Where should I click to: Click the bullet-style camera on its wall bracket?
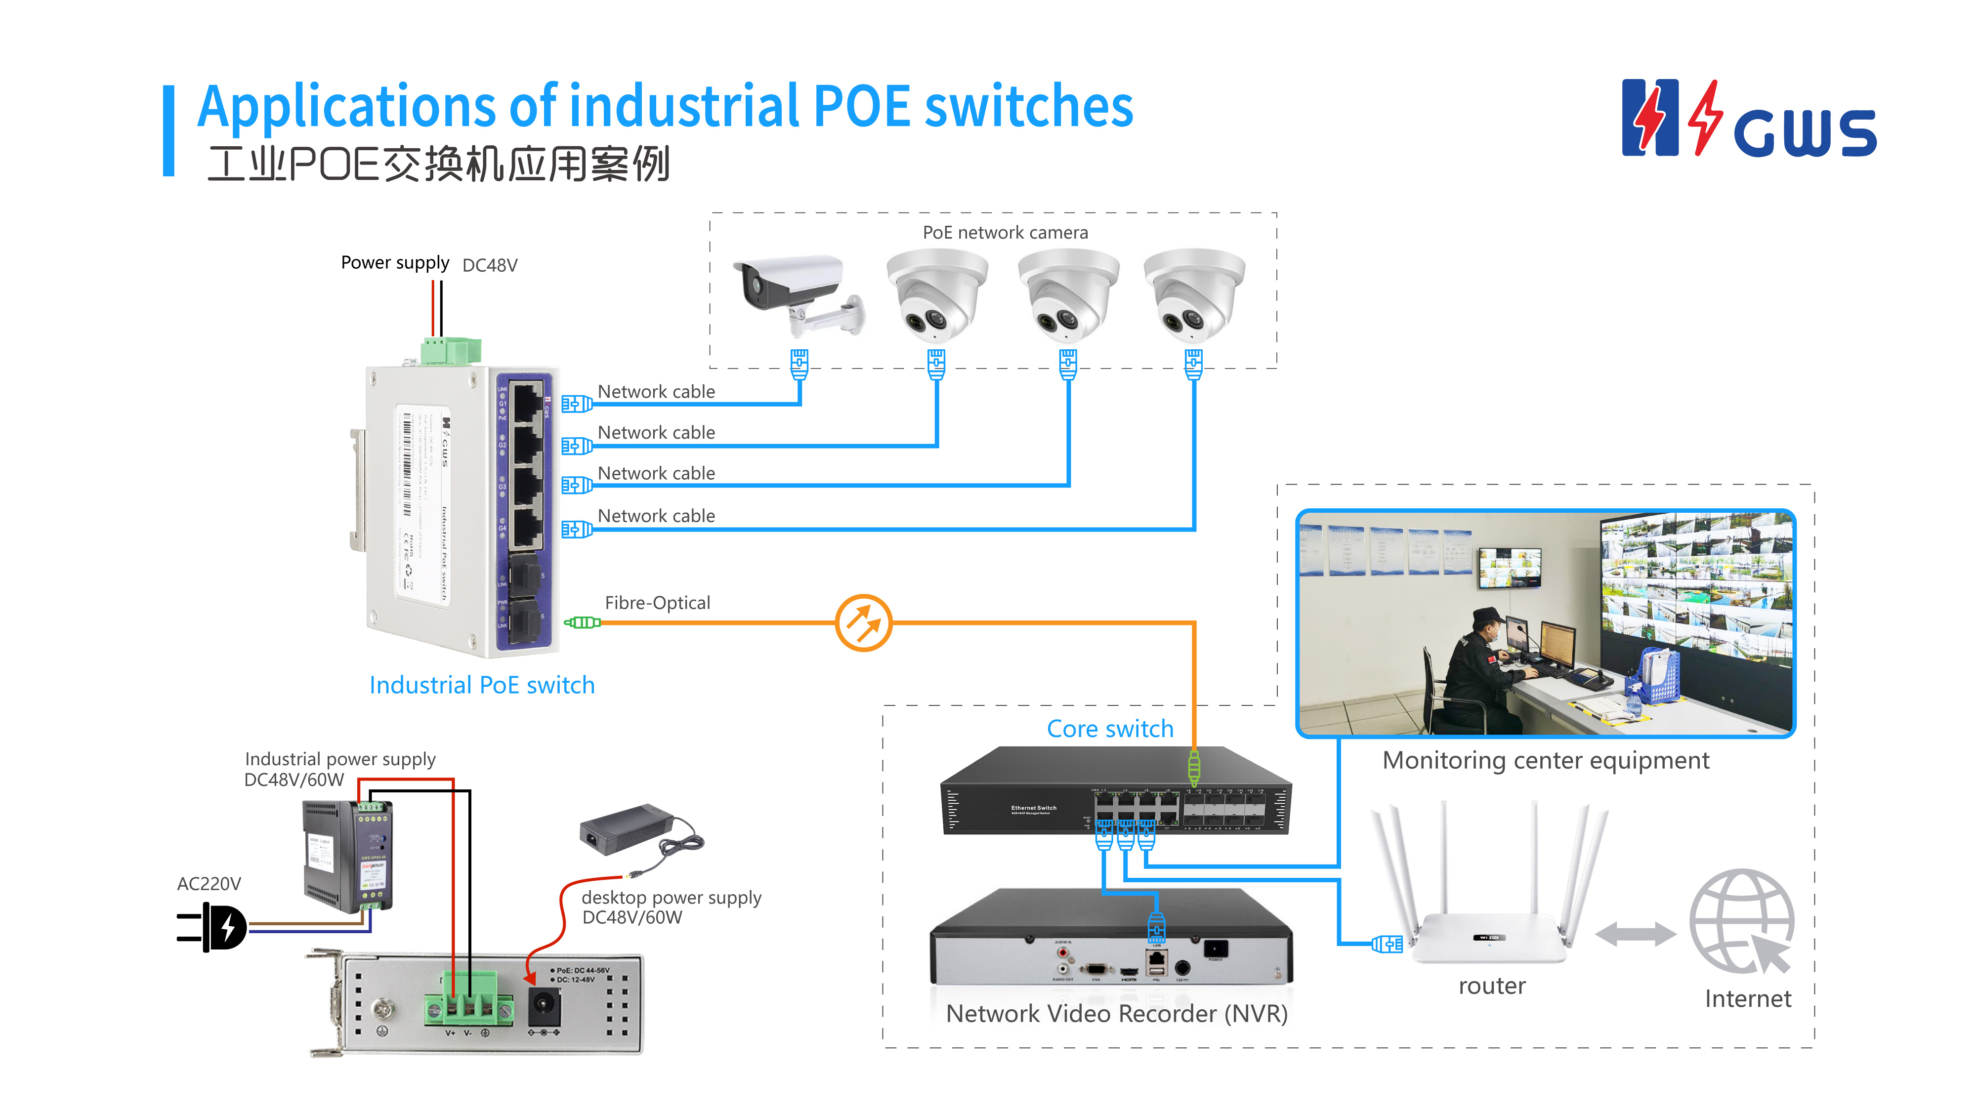pyautogui.click(x=795, y=291)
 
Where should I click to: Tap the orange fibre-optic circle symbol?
pyautogui.click(x=863, y=622)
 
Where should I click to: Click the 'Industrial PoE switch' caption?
pyautogui.click(x=482, y=685)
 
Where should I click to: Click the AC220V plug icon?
pyautogui.click(x=213, y=927)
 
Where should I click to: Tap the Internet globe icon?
pyautogui.click(x=1742, y=921)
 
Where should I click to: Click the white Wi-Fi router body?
pyautogui.click(x=1489, y=938)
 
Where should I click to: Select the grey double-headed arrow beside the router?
pyautogui.click(x=1635, y=934)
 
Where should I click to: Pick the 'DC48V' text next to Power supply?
pyautogui.click(x=490, y=266)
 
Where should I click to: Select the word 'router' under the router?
pyautogui.click(x=1491, y=986)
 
